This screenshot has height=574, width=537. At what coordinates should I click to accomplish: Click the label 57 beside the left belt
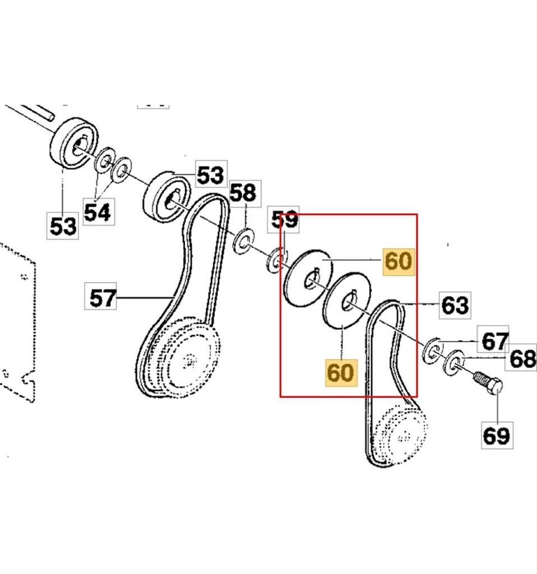point(102,297)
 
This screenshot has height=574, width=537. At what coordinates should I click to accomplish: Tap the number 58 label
point(243,193)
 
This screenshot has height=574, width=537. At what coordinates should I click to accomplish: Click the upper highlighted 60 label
point(399,261)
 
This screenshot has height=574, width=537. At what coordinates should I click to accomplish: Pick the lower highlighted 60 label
point(340,372)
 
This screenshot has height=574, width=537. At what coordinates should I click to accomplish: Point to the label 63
point(455,305)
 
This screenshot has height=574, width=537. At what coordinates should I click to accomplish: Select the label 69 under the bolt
point(496,434)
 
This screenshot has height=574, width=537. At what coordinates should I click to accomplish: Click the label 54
point(97,212)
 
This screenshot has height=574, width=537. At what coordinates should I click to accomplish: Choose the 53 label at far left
point(62,226)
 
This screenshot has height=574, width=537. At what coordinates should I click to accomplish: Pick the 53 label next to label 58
point(210,175)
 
